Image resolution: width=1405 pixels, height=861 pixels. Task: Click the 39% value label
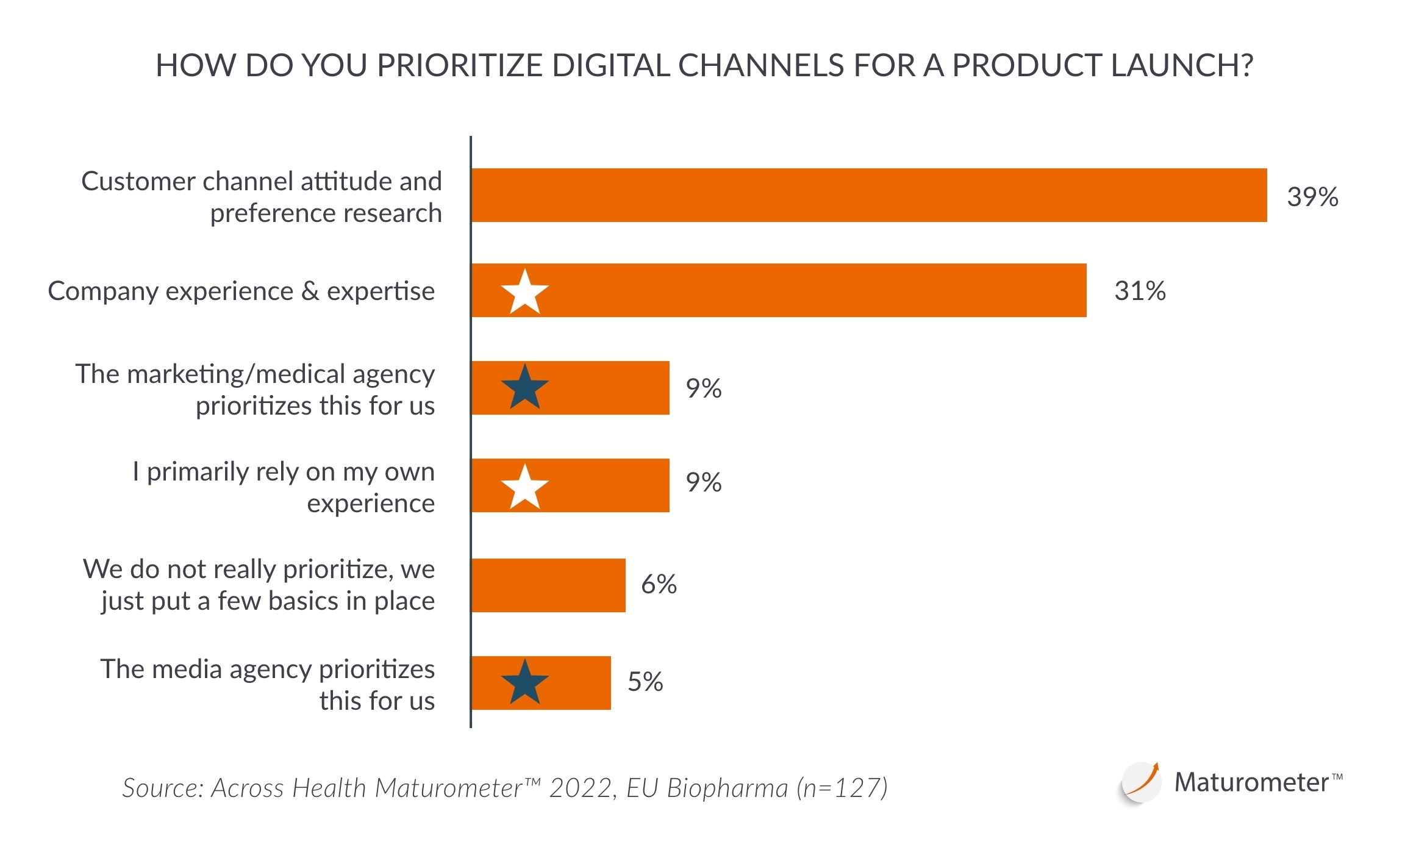point(1312,197)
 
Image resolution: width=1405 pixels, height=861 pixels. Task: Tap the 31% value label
point(1139,291)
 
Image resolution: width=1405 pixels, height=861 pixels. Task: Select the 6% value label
point(659,584)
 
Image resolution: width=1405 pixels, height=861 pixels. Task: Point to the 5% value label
point(645,682)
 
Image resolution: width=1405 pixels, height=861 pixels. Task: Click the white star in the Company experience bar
point(524,292)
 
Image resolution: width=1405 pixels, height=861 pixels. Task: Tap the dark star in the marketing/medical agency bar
point(524,388)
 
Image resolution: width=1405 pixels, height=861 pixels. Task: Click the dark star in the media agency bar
point(524,682)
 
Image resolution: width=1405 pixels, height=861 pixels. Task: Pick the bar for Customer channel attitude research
point(868,195)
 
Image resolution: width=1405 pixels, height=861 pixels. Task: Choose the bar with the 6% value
point(548,585)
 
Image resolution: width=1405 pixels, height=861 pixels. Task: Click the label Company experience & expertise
point(241,291)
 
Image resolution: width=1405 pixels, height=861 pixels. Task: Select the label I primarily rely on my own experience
point(284,487)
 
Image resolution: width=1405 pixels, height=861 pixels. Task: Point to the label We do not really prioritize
point(260,584)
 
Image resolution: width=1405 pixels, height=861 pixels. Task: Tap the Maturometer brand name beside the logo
point(1251,782)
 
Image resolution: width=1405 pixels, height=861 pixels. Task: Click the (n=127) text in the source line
point(842,788)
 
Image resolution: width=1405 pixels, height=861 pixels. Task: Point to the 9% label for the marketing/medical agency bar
point(703,388)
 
